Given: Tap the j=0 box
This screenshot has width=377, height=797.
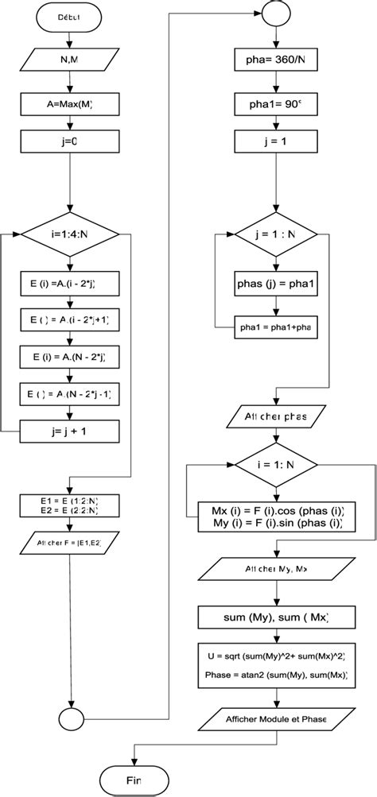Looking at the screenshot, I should pos(70,144).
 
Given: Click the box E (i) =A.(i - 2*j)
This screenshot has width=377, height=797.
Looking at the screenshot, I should pos(71,284).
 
